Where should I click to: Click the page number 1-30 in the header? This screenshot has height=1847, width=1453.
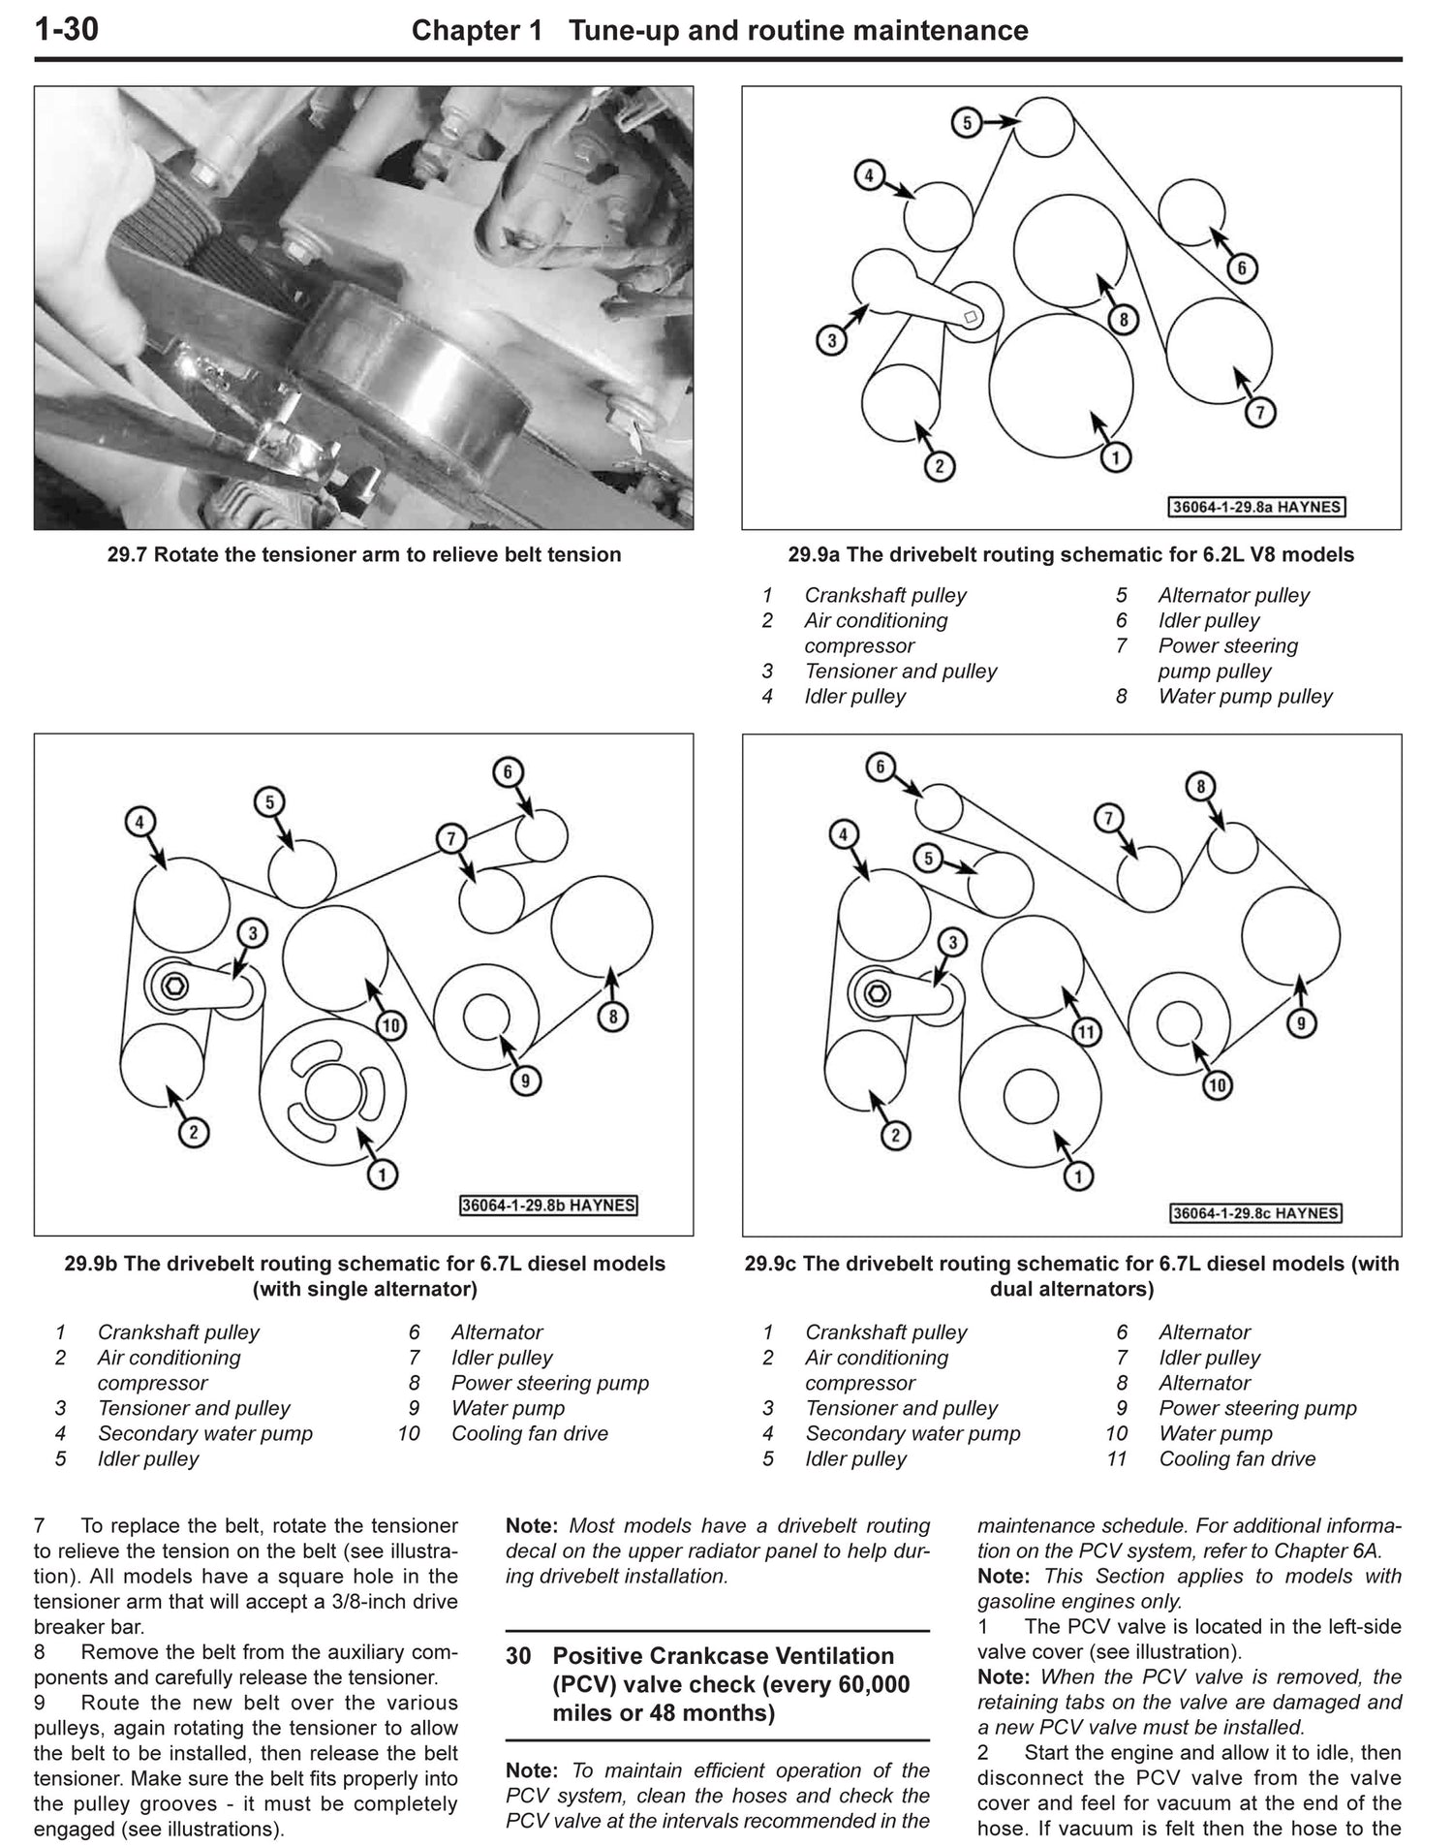click(x=66, y=30)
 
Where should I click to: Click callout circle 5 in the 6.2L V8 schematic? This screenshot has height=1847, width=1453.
click(x=966, y=122)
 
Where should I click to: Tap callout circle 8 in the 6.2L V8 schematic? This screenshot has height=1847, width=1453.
click(x=1122, y=320)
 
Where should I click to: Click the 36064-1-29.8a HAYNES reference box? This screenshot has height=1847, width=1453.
click(x=1257, y=507)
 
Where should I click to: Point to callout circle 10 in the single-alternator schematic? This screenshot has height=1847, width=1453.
click(x=391, y=1025)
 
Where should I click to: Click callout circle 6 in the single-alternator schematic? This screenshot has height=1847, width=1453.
click(x=508, y=771)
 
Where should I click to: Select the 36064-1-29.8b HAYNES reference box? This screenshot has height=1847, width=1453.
click(x=548, y=1205)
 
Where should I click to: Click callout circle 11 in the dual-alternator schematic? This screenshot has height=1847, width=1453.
click(x=1086, y=1032)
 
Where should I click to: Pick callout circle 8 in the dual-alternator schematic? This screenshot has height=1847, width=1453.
click(x=1200, y=786)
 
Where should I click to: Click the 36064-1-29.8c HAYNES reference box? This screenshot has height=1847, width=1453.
click(x=1255, y=1212)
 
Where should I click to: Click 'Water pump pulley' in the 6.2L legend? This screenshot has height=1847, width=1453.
click(x=1245, y=696)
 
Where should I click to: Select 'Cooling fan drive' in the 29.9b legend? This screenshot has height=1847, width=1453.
click(x=529, y=1433)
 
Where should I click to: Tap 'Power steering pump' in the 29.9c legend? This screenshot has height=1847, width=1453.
click(x=1257, y=1408)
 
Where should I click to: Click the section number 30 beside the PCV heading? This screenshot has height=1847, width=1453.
click(x=518, y=1656)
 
